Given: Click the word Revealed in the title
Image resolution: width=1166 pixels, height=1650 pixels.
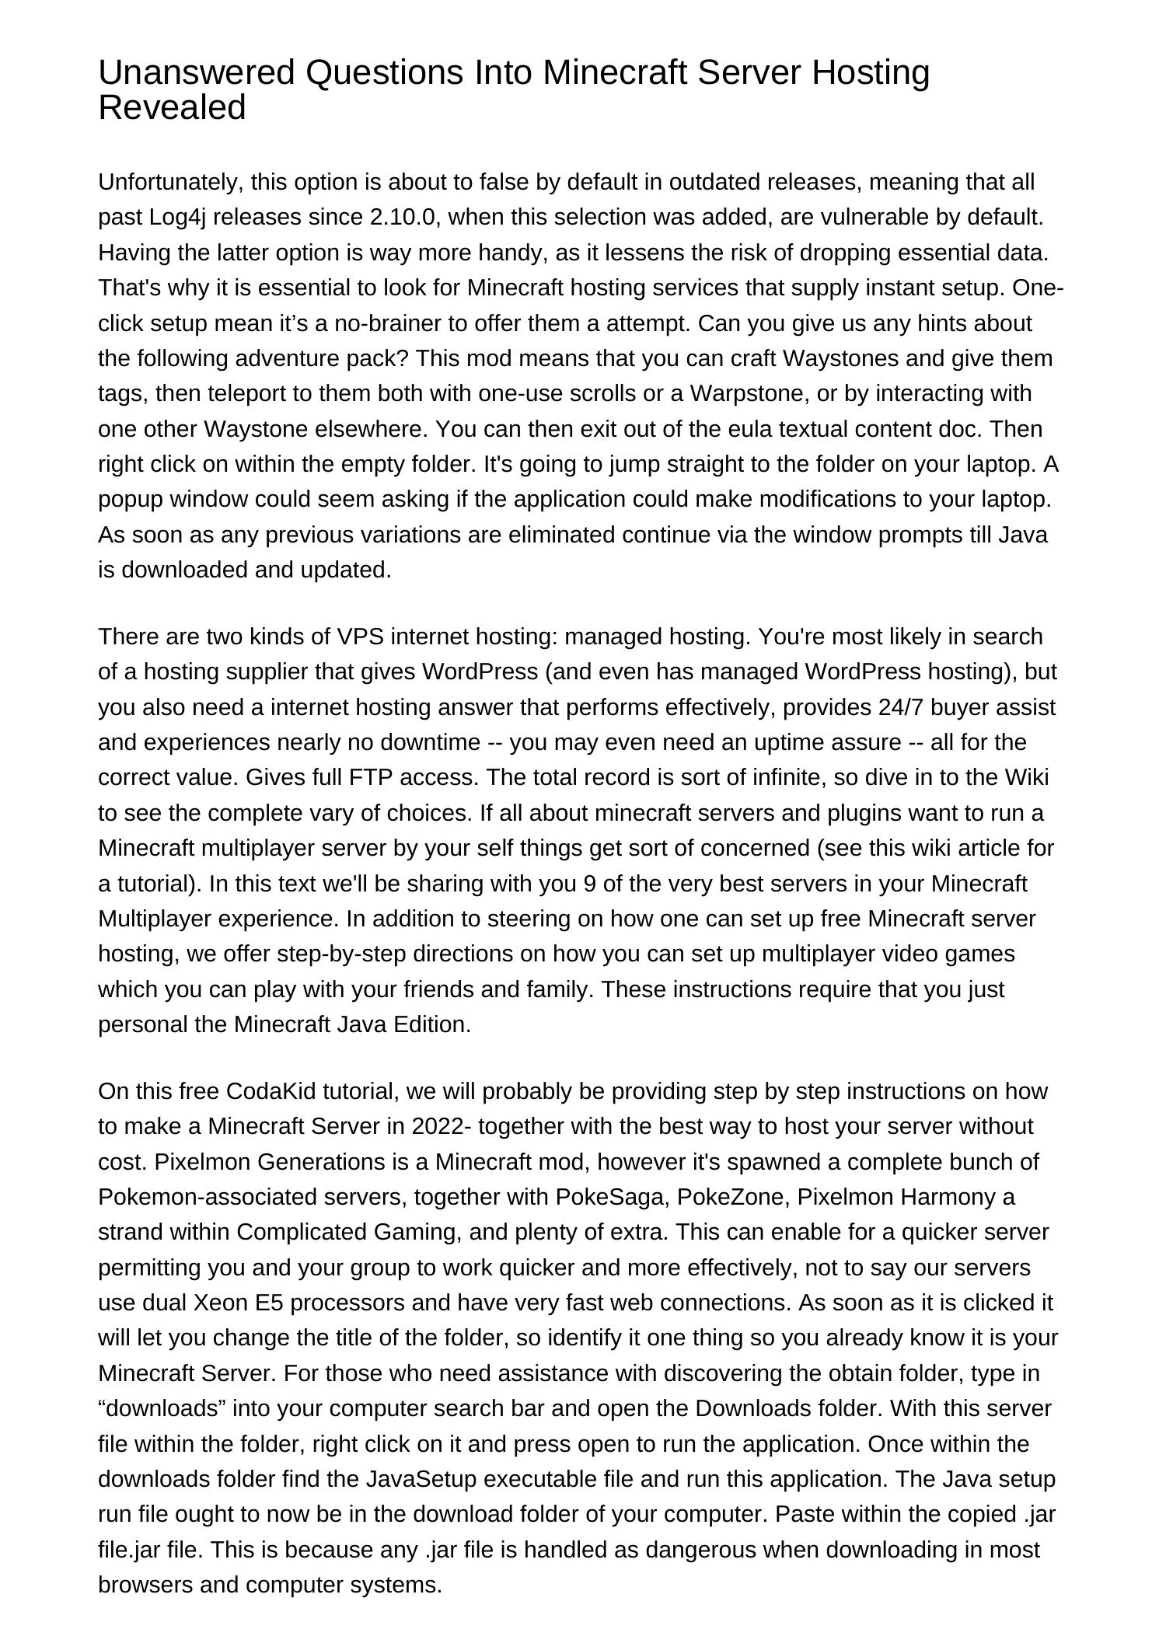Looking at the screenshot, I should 172,108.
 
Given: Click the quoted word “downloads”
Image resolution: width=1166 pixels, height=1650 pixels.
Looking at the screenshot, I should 162,1408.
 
